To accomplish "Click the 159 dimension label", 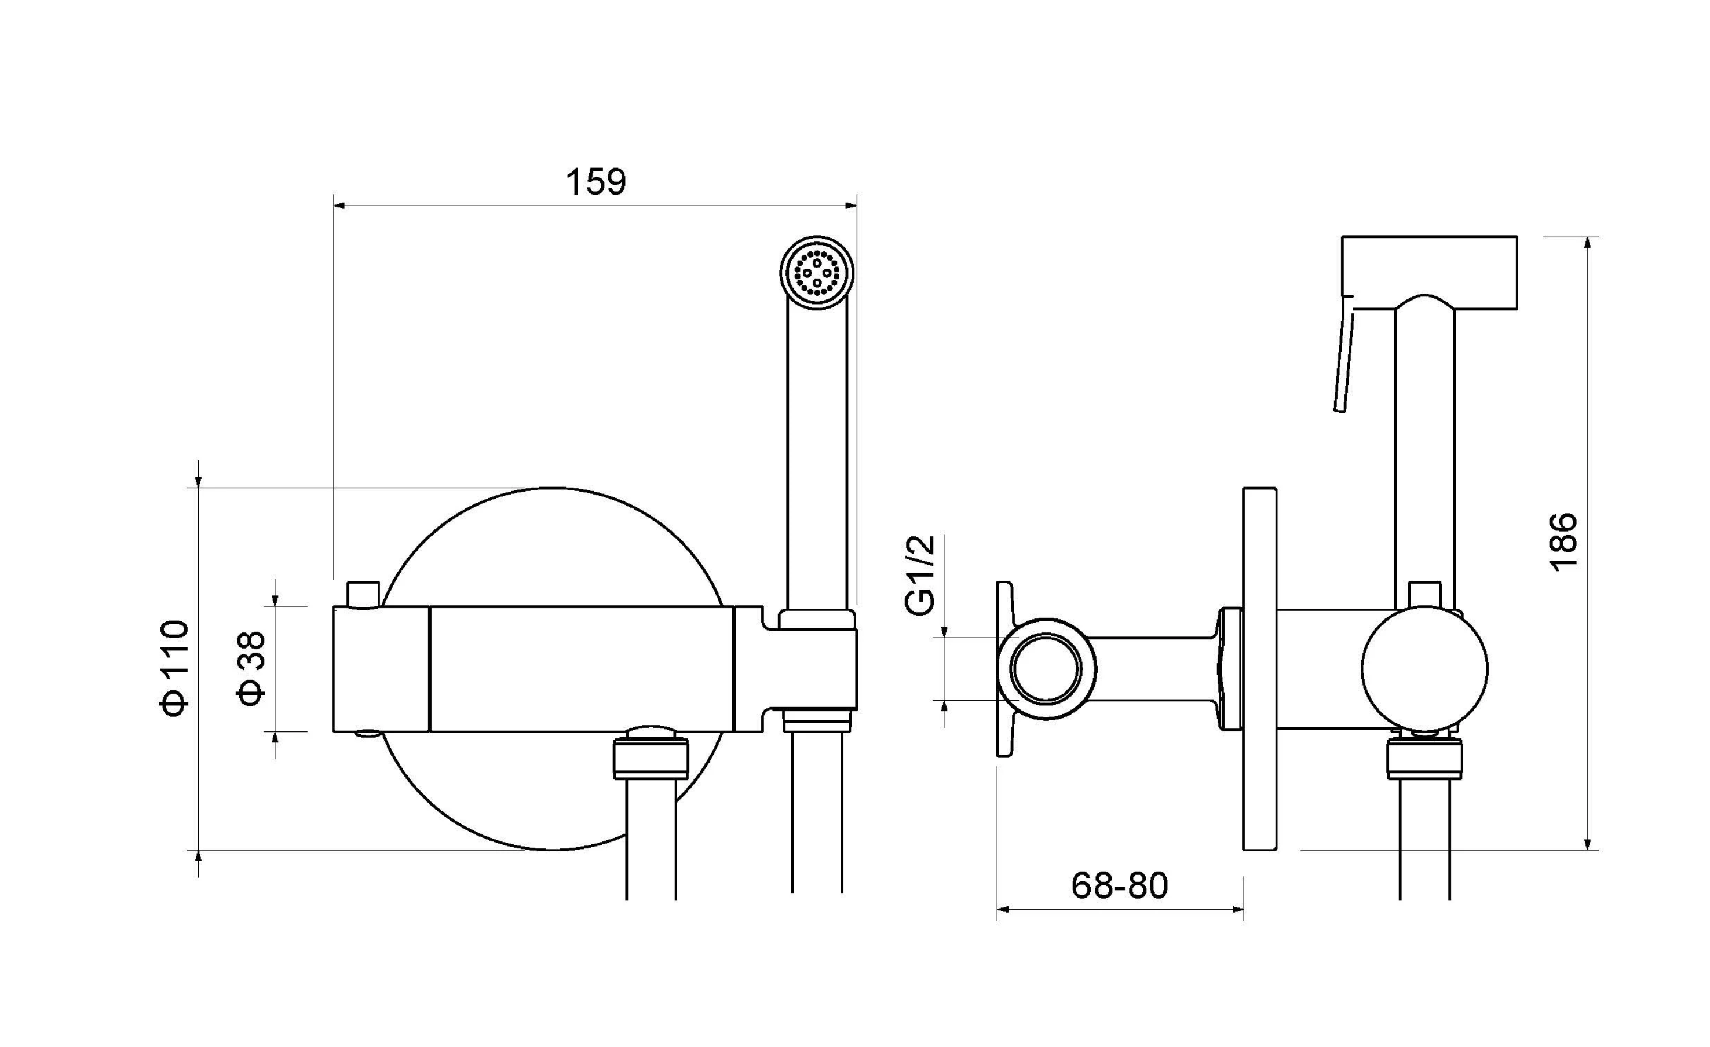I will click(x=595, y=182).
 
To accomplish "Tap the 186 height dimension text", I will click(x=1563, y=541).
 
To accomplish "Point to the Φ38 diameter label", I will click(x=251, y=668).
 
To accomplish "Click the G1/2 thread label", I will click(x=921, y=575).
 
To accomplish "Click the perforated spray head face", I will click(x=817, y=273).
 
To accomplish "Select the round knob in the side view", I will click(x=1424, y=669).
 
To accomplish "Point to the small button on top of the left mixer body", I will click(x=364, y=594).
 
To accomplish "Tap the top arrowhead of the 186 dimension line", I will click(x=1588, y=243).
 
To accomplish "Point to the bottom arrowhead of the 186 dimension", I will click(x=1588, y=844).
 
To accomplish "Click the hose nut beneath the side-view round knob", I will click(x=1424, y=759).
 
